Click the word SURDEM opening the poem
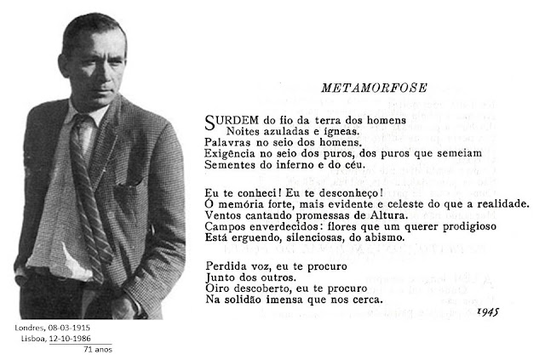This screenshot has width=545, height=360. pos(228,118)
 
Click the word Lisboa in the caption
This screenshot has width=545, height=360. pos(37,338)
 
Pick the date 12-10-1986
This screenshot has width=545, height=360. pos(83,338)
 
